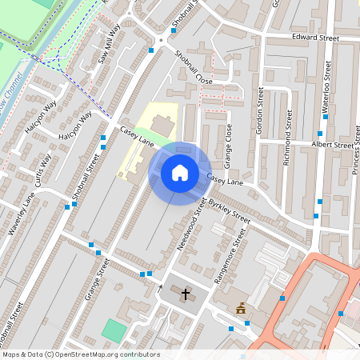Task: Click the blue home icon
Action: (x=180, y=172)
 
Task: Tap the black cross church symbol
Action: (x=186, y=294)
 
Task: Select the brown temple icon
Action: (x=240, y=307)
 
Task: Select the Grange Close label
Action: (x=228, y=145)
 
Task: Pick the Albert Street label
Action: (x=331, y=146)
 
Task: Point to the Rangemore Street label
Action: (x=229, y=258)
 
